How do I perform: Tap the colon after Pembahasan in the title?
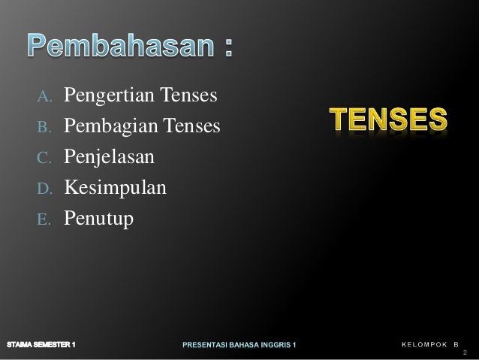click(x=226, y=50)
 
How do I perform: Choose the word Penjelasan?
click(x=109, y=157)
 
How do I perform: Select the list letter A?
click(x=44, y=97)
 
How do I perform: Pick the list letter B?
click(x=44, y=127)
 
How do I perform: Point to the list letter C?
click(x=44, y=158)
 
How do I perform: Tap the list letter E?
click(x=44, y=219)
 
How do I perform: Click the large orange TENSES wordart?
click(x=390, y=119)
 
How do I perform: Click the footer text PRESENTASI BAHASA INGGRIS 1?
click(x=240, y=345)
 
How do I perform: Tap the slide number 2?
click(x=465, y=353)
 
